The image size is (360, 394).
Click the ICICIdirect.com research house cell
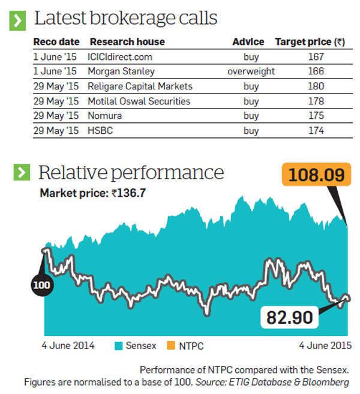point(121,57)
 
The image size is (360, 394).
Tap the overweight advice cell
point(251,71)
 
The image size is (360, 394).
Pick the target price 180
point(316,86)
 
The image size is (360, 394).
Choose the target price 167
point(316,57)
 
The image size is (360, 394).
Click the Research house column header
point(127,42)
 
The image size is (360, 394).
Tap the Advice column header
point(248,42)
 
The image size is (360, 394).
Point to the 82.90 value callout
point(290,316)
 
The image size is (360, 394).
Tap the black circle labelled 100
point(41,284)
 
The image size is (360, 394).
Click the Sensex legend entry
point(136,345)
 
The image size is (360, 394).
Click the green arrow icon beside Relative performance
point(21,173)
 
